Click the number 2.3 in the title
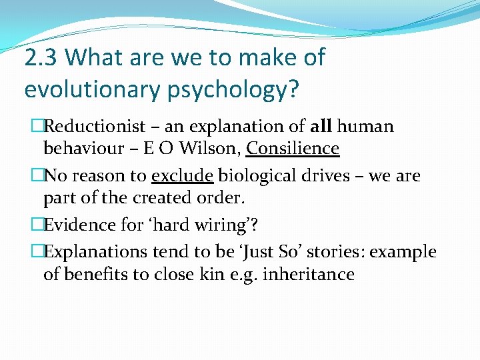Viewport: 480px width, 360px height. [x=41, y=58]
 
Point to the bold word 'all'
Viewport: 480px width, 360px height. [x=323, y=126]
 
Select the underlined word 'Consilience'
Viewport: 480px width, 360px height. [x=293, y=148]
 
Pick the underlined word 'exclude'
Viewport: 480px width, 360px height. [x=182, y=176]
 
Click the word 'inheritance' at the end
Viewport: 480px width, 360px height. [x=309, y=274]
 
